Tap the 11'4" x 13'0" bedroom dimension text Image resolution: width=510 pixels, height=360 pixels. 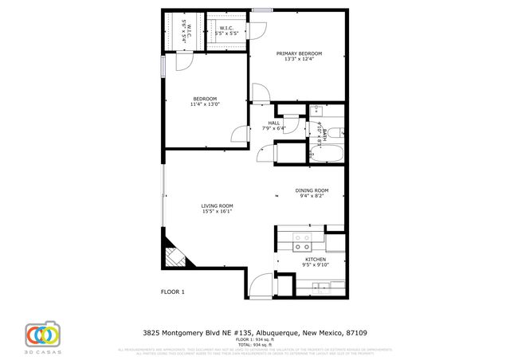point(205,104)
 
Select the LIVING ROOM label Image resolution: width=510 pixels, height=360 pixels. point(216,206)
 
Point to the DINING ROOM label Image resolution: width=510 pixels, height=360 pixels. point(312,190)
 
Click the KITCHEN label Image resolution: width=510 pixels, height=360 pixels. point(316,260)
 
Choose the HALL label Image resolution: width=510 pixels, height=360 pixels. point(273,123)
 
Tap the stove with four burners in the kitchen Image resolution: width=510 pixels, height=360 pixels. point(302,237)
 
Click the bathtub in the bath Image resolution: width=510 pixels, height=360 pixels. point(327,152)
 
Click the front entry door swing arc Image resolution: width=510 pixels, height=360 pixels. point(261,284)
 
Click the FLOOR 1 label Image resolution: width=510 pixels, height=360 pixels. point(173,292)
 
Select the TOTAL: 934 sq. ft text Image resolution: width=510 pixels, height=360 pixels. point(255,344)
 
